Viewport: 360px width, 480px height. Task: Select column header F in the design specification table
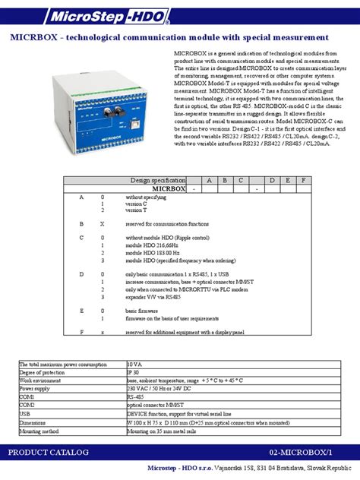click(x=303, y=179)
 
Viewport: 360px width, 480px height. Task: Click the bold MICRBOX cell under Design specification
click(x=169, y=188)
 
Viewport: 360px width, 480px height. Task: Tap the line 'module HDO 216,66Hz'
click(x=153, y=246)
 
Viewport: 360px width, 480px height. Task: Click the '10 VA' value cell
click(x=134, y=365)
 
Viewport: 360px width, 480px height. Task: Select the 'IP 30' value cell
click(x=134, y=372)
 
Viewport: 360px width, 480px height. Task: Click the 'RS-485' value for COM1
click(x=136, y=396)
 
